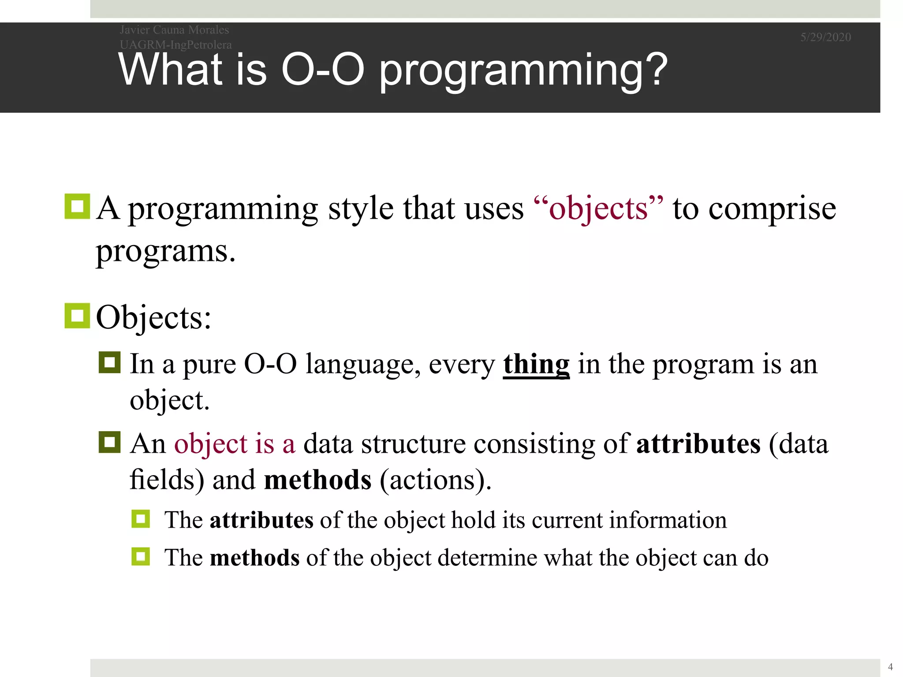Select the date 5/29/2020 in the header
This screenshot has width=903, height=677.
tap(825, 37)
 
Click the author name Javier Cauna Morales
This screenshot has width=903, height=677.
tap(174, 30)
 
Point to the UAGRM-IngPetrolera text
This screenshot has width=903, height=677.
tap(175, 45)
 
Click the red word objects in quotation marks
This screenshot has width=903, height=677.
tap(598, 208)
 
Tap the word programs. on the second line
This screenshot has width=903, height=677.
tap(165, 252)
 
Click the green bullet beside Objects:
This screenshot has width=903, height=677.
tap(77, 316)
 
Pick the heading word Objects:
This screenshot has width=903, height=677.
tap(153, 317)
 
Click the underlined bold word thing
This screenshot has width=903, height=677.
tap(536, 365)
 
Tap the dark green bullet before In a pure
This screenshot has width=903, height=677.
tap(109, 363)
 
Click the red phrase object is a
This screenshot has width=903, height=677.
tap(234, 444)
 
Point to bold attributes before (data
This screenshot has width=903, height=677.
tap(698, 444)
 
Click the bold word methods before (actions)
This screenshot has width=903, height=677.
tap(317, 480)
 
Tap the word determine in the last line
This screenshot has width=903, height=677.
tap(487, 558)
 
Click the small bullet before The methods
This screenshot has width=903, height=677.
tap(141, 557)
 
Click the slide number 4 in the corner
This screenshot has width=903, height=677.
tap(890, 667)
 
